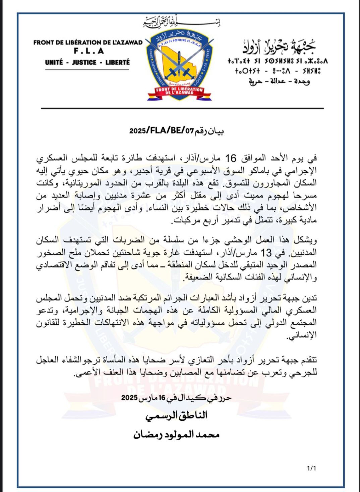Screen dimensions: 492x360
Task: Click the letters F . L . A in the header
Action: click(88, 51)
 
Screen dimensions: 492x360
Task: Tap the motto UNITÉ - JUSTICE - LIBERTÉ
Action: click(87, 62)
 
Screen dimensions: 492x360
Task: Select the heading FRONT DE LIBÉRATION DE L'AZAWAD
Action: click(88, 43)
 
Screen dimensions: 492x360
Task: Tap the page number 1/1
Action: click(311, 468)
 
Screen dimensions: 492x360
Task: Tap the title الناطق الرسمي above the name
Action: click(176, 416)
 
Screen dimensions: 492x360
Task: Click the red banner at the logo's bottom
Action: click(180, 91)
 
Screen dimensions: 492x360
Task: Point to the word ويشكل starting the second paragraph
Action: click(306, 240)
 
